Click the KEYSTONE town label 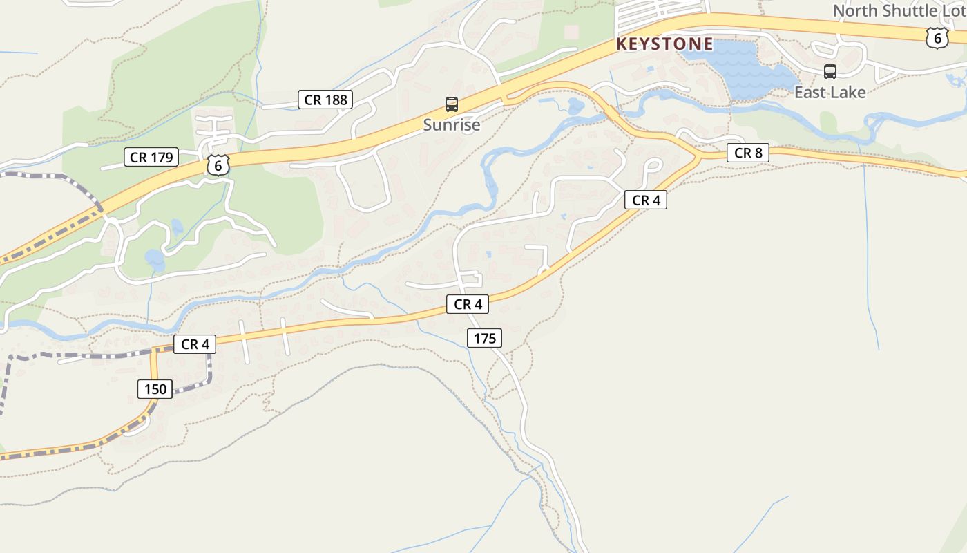pyautogui.click(x=664, y=44)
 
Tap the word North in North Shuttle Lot pyautogui.click(x=855, y=11)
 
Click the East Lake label pyautogui.click(x=830, y=92)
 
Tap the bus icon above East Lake pyautogui.click(x=830, y=71)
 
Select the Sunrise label pyautogui.click(x=451, y=125)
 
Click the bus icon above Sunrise pyautogui.click(x=452, y=104)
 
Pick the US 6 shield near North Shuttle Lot pyautogui.click(x=937, y=38)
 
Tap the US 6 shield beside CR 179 pyautogui.click(x=218, y=165)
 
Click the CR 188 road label pyautogui.click(x=326, y=100)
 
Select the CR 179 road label pyautogui.click(x=151, y=157)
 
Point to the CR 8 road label pyautogui.click(x=748, y=153)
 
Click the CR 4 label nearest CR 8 pyautogui.click(x=646, y=200)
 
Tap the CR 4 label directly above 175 pyautogui.click(x=468, y=303)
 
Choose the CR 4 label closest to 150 pyautogui.click(x=194, y=344)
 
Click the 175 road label pyautogui.click(x=485, y=338)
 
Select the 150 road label pyautogui.click(x=155, y=389)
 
